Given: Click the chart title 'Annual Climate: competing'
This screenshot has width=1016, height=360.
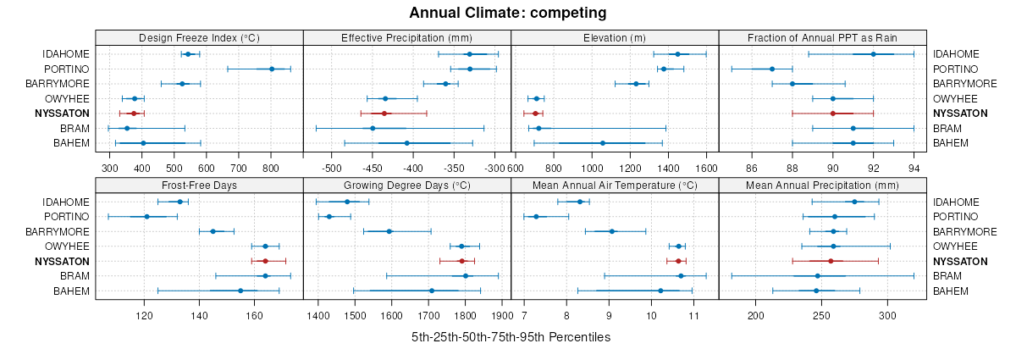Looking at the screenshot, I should click(x=507, y=13).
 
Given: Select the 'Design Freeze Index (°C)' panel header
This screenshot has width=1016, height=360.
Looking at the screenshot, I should click(x=199, y=38).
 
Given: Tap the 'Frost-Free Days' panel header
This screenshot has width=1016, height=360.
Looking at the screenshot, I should click(x=199, y=186).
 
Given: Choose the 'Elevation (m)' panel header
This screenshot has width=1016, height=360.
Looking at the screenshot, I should click(x=615, y=38).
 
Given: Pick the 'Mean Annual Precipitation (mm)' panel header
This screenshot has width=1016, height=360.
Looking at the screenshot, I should click(x=822, y=186).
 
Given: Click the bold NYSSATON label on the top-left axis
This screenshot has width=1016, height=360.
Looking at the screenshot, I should click(x=62, y=114).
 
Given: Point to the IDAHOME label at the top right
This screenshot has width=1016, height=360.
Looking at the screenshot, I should click(x=956, y=54).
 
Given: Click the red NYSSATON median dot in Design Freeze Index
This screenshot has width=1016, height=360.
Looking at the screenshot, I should click(x=133, y=114).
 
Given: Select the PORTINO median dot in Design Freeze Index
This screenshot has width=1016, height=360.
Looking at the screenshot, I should click(x=272, y=69).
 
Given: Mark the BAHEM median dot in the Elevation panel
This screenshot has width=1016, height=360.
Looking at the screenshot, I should click(x=602, y=143).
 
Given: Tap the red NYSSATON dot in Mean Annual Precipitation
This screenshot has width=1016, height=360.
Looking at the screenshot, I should click(x=831, y=261).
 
